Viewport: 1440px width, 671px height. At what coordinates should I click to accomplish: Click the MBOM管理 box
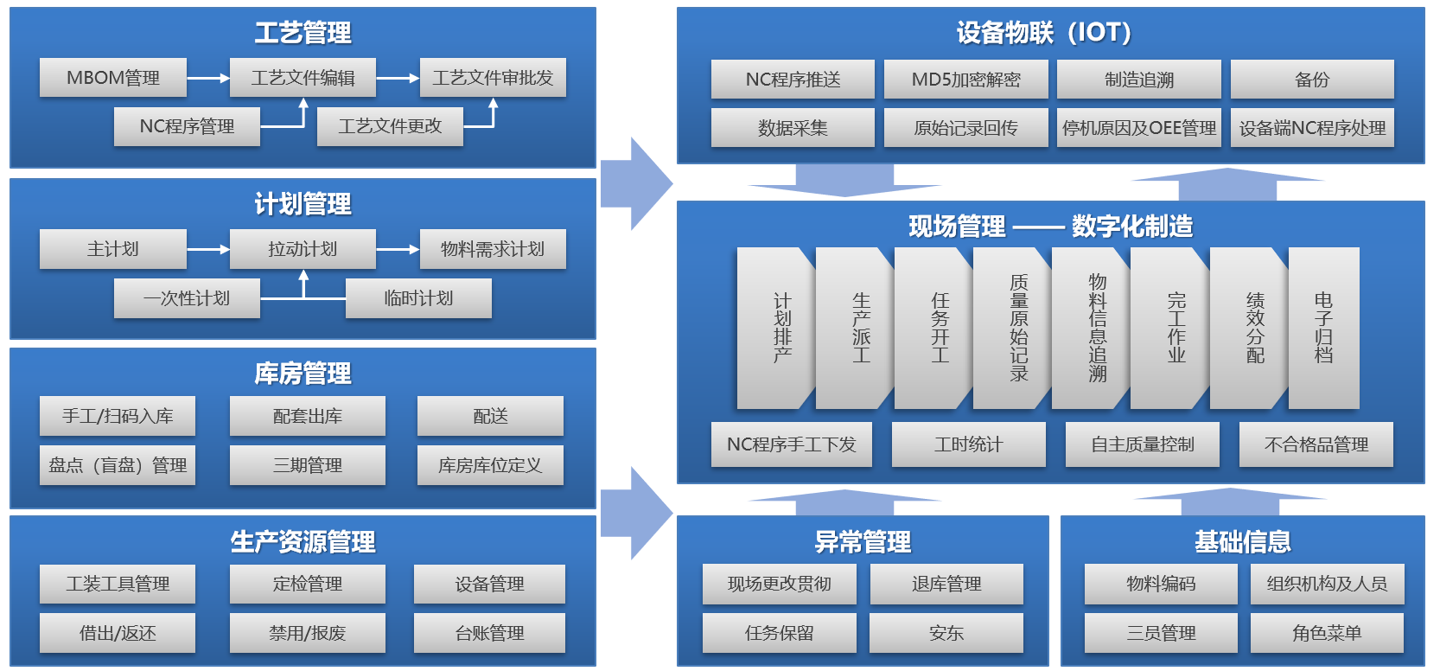click(x=112, y=78)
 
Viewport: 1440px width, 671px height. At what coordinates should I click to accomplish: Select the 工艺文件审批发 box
click(x=493, y=78)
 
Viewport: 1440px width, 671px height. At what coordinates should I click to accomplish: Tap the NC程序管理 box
click(x=187, y=126)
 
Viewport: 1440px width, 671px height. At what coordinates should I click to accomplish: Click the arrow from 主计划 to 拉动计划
click(x=207, y=249)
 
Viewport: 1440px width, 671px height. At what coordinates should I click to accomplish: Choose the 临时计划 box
click(x=418, y=298)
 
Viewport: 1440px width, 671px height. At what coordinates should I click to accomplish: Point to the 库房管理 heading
click(x=303, y=374)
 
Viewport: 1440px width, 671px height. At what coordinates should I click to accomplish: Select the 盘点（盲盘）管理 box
click(x=118, y=465)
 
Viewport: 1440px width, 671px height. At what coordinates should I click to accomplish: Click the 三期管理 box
click(x=307, y=465)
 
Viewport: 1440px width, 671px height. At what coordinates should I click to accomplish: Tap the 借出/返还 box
click(x=118, y=633)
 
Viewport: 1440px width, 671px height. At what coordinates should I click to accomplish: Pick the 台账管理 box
click(x=489, y=633)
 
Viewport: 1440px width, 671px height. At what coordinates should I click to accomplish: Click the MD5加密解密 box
click(x=965, y=80)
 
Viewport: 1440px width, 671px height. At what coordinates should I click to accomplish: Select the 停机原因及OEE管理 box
click(x=1138, y=128)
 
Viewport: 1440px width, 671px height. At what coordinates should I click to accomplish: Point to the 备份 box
click(x=1311, y=80)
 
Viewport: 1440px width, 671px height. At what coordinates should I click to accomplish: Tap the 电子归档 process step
click(x=1323, y=328)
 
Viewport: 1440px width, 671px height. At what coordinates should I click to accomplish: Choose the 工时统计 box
click(x=968, y=444)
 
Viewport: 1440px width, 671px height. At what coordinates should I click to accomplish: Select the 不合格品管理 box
click(x=1316, y=444)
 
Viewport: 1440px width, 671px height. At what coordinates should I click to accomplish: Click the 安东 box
click(x=946, y=633)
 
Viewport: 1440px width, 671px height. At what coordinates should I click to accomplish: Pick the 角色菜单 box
click(x=1327, y=633)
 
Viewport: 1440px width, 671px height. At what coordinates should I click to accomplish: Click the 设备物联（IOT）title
click(x=1043, y=33)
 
